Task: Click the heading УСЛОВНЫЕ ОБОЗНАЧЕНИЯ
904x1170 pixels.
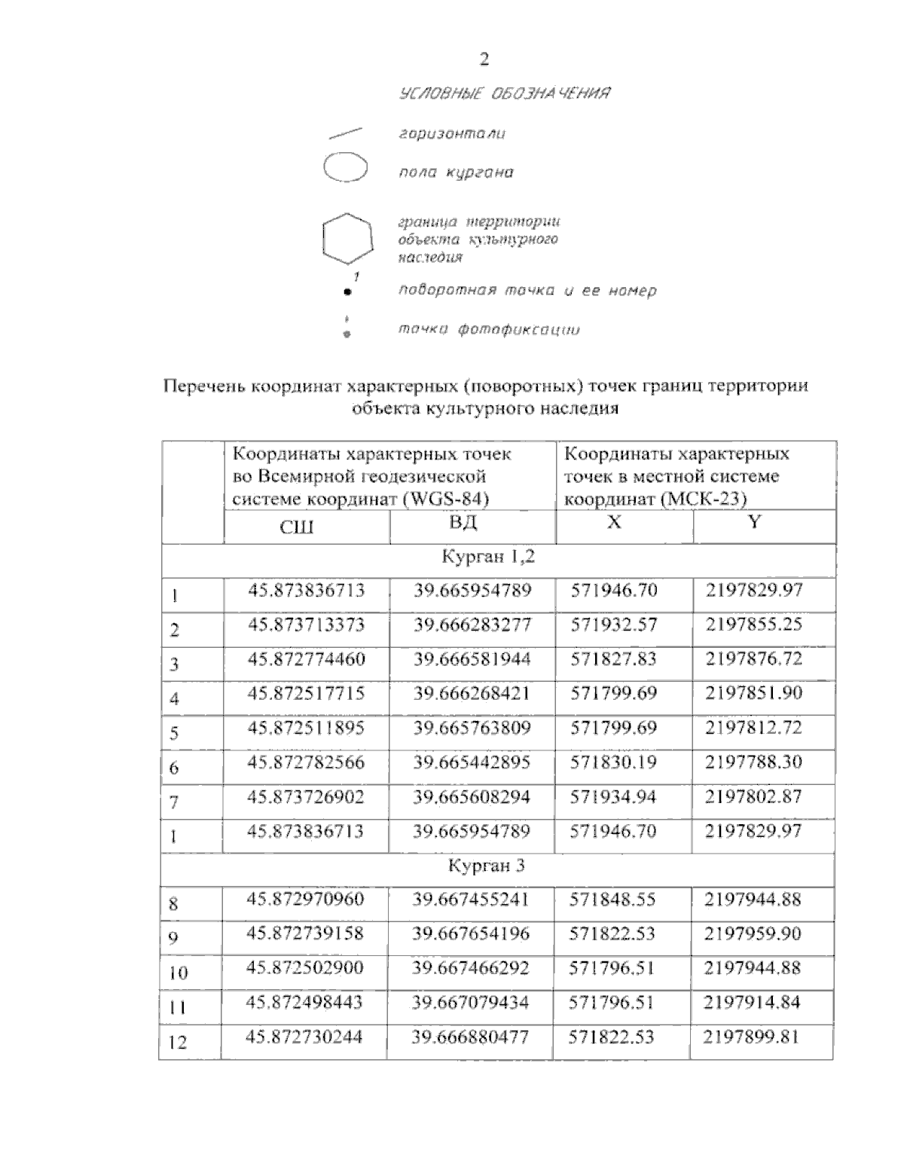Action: tap(504, 94)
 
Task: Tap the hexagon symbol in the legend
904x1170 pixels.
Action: tap(347, 240)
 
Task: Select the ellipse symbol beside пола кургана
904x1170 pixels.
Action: tap(345, 167)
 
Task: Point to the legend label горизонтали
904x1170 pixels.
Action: tap(452, 134)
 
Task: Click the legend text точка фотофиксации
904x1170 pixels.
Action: tap(489, 330)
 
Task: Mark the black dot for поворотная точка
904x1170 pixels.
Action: tap(347, 291)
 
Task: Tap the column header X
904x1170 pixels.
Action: tap(614, 522)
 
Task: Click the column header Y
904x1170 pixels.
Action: tap(755, 522)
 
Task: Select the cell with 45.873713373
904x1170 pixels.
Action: tap(307, 625)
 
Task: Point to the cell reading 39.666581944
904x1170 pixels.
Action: tap(472, 659)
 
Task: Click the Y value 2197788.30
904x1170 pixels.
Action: tap(753, 762)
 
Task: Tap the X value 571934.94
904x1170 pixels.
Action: tap(613, 796)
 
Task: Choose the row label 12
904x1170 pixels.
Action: tap(179, 1043)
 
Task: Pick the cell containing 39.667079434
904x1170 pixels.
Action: tap(471, 1003)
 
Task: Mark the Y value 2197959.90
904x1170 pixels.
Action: tap(753, 934)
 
